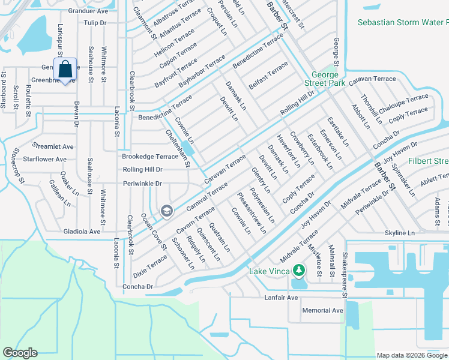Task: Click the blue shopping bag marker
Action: [65, 70]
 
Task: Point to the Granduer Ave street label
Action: [88, 11]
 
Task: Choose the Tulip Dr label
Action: [95, 22]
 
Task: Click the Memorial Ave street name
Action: [322, 310]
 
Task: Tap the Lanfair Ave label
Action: [282, 298]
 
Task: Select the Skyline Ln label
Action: [400, 232]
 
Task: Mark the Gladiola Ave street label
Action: [82, 231]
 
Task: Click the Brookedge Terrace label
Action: [150, 156]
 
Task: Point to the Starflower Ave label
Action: [44, 159]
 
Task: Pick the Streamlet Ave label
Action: [53, 146]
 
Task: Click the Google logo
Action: [20, 353]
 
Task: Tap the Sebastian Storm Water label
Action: [403, 22]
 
